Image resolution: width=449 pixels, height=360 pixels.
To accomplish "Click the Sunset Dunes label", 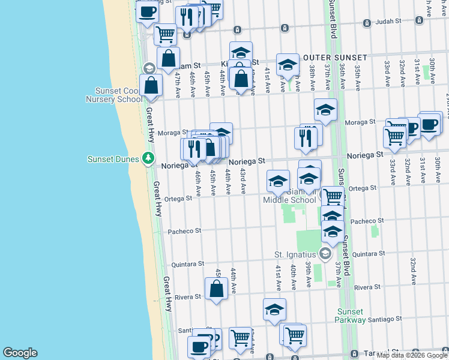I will coord(113,160).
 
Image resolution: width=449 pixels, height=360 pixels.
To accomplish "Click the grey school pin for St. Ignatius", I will coord(325,254).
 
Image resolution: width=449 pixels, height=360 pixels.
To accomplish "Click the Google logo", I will coord(20,352).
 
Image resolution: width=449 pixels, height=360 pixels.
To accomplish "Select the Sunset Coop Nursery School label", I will coord(114,95).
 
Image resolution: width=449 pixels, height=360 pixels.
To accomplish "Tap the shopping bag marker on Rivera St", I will coord(216,289).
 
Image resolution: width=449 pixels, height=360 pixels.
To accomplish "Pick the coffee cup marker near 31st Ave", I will coord(429,124).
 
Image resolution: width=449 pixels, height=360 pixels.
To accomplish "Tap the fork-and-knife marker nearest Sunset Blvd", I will coord(306,138).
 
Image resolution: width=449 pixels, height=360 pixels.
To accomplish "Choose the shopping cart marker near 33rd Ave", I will coord(394,136).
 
